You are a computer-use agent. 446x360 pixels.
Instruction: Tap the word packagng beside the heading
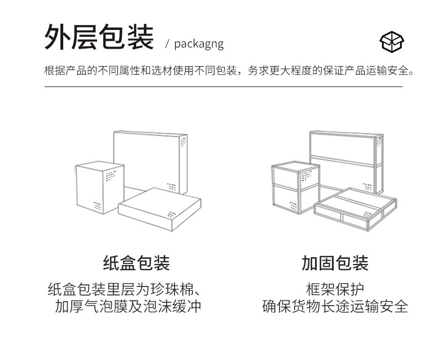pos(199,44)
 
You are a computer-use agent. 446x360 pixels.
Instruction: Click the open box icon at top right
pos(392,41)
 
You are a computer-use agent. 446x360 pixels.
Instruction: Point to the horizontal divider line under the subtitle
pos(223,87)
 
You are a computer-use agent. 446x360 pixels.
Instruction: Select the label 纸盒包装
pos(137,263)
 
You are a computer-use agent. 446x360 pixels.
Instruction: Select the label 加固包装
pos(335,263)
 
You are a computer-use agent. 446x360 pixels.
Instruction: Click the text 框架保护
pos(335,289)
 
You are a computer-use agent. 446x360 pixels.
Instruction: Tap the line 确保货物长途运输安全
pos(335,307)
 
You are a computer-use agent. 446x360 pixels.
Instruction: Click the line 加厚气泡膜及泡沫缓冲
pos(128,307)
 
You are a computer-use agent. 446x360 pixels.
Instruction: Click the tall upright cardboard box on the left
pos(100,187)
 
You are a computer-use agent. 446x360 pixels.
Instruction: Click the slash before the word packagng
pos(167,45)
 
